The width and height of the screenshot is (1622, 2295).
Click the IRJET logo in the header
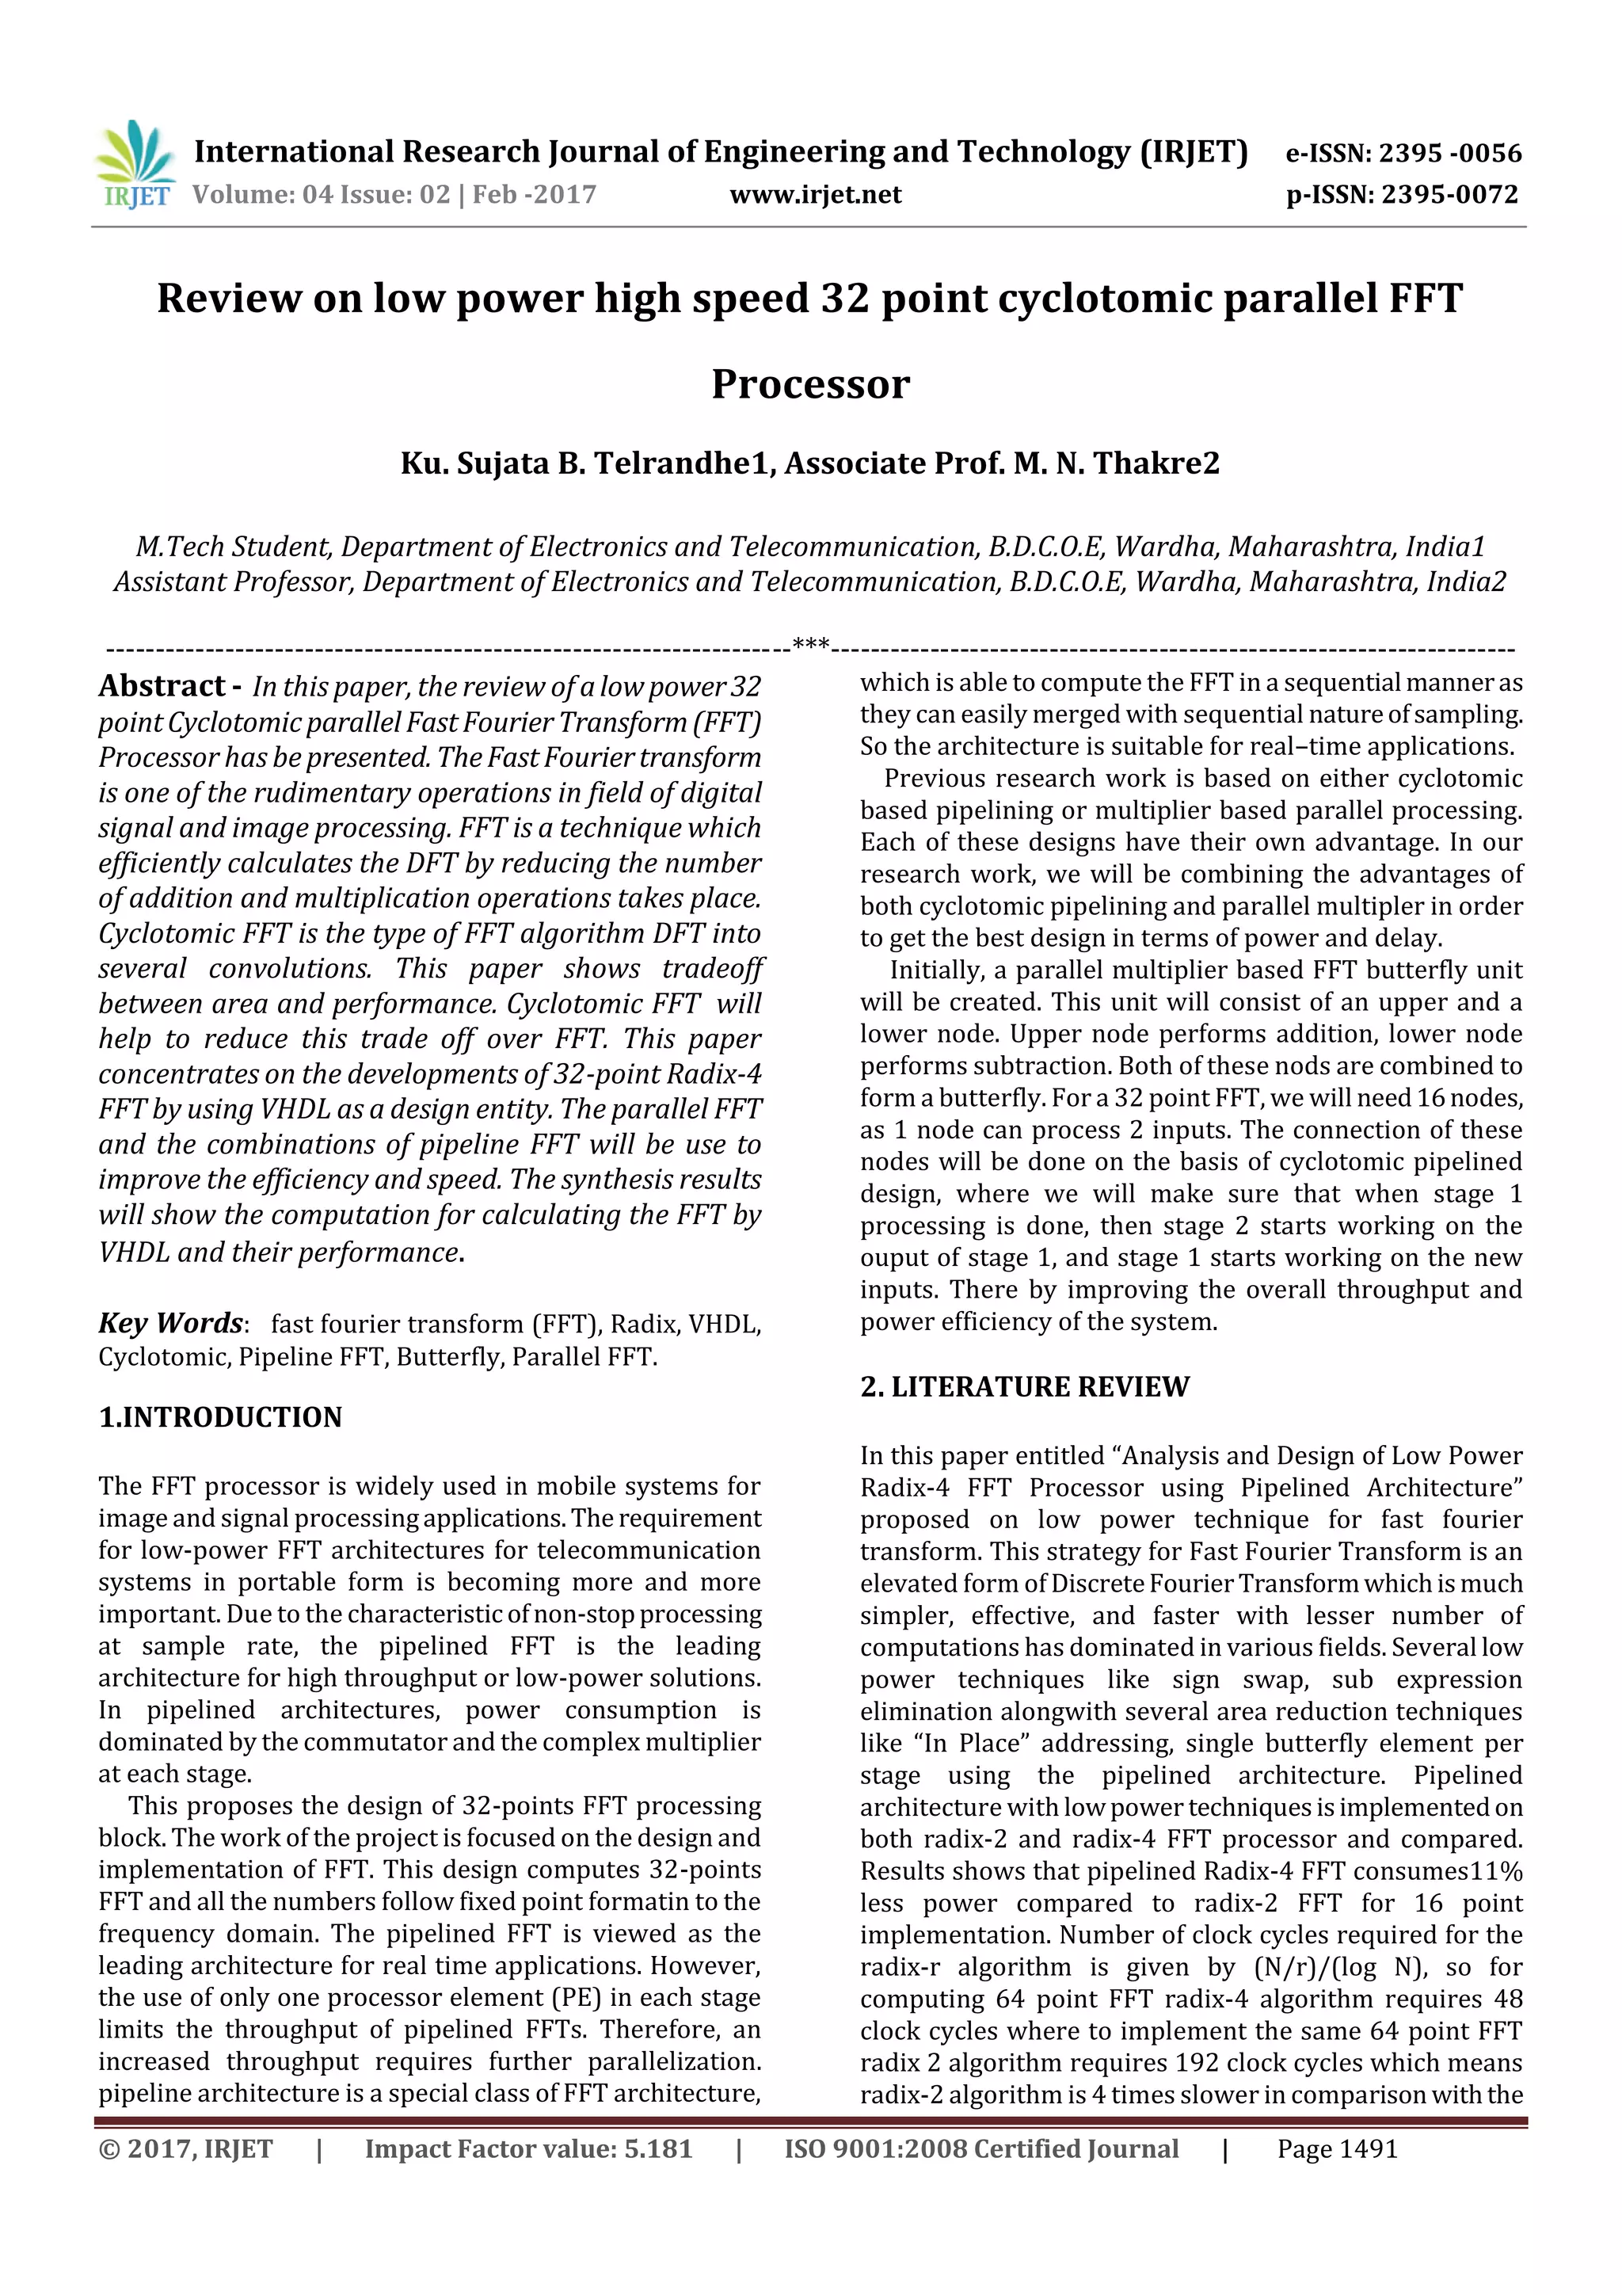pyautogui.click(x=135, y=164)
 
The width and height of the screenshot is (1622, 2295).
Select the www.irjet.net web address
pyautogui.click(x=816, y=194)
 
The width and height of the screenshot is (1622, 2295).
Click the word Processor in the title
pyautogui.click(x=810, y=384)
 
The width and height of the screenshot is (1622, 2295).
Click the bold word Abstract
pyautogui.click(x=162, y=686)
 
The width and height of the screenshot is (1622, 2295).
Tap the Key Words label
pyautogui.click(x=170, y=1324)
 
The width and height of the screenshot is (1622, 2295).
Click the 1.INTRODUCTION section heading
pyautogui.click(x=220, y=1417)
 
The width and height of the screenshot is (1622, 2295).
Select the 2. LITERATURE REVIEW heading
pyautogui.click(x=1024, y=1386)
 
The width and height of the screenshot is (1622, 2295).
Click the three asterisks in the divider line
pyautogui.click(x=810, y=645)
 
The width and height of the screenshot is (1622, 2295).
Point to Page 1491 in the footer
pyautogui.click(x=1337, y=2148)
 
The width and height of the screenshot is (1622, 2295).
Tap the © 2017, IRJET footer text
pyautogui.click(x=185, y=2148)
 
